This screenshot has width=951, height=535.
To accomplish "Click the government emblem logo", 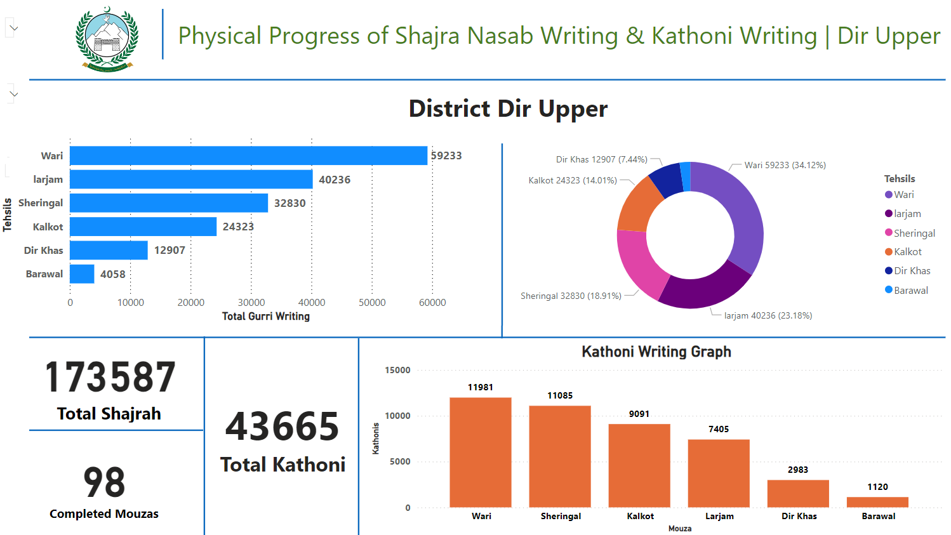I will coord(107,39).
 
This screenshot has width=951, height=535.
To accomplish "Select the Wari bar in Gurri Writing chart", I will coord(248,155).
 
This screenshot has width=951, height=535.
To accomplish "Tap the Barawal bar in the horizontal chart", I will coord(82,274).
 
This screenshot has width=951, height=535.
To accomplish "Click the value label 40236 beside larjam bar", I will coord(335,180).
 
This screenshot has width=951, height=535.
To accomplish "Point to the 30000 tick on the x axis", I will coord(251,303).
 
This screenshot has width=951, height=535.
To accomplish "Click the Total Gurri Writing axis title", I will coord(266,316).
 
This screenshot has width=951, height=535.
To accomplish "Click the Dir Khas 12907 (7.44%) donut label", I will coord(601,159).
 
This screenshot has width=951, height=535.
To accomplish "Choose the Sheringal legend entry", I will coord(914,233).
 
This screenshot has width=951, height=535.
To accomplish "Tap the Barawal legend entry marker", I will coord(889,290).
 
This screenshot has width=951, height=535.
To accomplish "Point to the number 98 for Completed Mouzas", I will coord(104,482).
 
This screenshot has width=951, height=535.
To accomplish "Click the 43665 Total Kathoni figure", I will coord(283,426).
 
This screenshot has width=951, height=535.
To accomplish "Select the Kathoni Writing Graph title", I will coord(656,352).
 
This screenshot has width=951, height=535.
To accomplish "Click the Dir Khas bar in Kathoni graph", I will coord(798,493).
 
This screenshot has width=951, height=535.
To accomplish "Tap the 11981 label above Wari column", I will coord(481,387).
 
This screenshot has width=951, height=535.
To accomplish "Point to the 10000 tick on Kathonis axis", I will coord(398,416).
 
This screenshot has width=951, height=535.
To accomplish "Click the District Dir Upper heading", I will coord(508,109).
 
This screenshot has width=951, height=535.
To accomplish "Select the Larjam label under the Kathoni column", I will coord(719,516).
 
